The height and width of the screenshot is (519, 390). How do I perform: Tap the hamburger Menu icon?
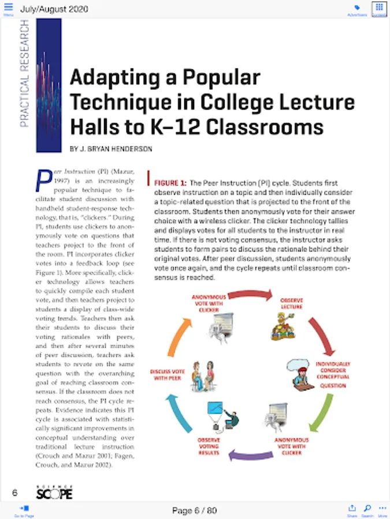pyautogui.click(x=8, y=8)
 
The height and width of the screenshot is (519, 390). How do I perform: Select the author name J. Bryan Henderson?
pyautogui.click(x=111, y=149)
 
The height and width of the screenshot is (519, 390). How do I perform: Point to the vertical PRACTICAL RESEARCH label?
pyautogui.click(x=24, y=74)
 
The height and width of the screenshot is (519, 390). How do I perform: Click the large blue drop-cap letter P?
pyautogui.click(x=43, y=180)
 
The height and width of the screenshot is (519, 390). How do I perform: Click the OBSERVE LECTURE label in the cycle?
pyautogui.click(x=292, y=304)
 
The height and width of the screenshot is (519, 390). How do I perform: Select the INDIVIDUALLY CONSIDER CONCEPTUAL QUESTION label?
pyautogui.click(x=333, y=375)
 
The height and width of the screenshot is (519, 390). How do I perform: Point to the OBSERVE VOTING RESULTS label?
pyautogui.click(x=209, y=446)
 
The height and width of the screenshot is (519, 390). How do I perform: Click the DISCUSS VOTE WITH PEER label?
pyautogui.click(x=167, y=375)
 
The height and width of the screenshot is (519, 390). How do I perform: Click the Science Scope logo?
pyautogui.click(x=54, y=492)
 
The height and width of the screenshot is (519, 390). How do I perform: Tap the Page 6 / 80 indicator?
pyautogui.click(x=195, y=510)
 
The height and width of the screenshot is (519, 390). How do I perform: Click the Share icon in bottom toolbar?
pyautogui.click(x=352, y=510)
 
